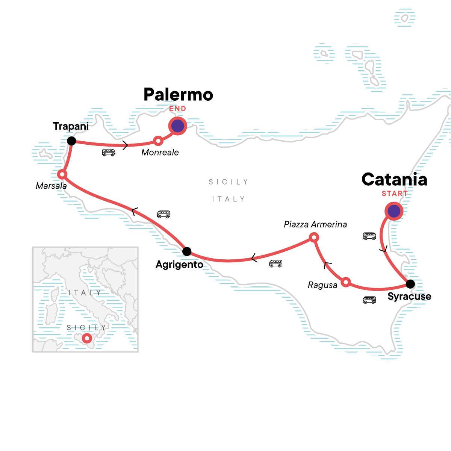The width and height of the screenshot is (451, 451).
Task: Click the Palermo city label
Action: (x=178, y=95)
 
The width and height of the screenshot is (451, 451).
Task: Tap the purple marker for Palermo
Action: (x=177, y=126)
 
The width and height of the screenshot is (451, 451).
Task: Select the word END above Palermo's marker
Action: (x=177, y=109)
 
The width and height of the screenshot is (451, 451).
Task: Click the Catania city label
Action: (x=394, y=180)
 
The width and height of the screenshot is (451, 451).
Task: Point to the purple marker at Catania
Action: (x=394, y=211)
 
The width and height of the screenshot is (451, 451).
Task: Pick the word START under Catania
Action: (x=395, y=194)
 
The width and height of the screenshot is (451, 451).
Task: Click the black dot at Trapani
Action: (x=71, y=141)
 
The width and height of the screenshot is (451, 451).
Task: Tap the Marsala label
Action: (x=51, y=186)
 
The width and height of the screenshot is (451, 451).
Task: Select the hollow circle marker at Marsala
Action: (x=62, y=174)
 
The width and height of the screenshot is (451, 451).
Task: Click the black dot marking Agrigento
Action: (x=187, y=251)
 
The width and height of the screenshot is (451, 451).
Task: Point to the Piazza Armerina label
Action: (x=315, y=224)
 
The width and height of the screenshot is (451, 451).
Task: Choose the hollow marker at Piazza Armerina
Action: (x=314, y=238)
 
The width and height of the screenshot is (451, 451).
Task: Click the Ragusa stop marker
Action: (x=346, y=282)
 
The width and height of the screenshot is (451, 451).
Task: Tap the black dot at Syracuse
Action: (x=410, y=284)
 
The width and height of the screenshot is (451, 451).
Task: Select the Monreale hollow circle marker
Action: (x=158, y=141)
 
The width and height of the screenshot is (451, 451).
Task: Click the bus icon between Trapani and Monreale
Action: (x=109, y=152)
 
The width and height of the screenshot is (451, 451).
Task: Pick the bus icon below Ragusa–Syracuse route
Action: (x=369, y=300)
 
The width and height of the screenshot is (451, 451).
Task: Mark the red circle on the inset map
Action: (x=87, y=338)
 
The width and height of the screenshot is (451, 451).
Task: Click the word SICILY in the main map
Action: (x=229, y=182)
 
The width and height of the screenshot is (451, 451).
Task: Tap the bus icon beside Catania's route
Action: (x=369, y=236)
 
